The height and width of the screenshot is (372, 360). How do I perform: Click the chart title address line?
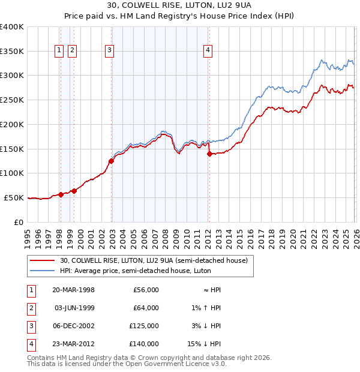click(x=179, y=6)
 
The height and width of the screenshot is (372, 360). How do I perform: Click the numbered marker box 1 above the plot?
click(x=60, y=51)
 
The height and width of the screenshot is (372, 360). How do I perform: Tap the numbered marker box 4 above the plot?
click(x=208, y=51)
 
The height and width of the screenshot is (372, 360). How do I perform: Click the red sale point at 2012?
click(x=209, y=154)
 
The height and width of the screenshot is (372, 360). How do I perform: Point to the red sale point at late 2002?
click(x=112, y=161)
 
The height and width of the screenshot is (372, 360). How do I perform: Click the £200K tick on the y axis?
click(x=12, y=124)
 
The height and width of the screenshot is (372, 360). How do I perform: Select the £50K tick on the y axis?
click(x=14, y=197)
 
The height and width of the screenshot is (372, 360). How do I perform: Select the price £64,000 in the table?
click(x=146, y=308)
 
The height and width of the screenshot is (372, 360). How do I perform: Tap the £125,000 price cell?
click(x=144, y=326)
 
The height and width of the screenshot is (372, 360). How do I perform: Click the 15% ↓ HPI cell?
click(x=208, y=344)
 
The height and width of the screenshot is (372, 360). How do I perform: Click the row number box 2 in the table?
click(x=29, y=308)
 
